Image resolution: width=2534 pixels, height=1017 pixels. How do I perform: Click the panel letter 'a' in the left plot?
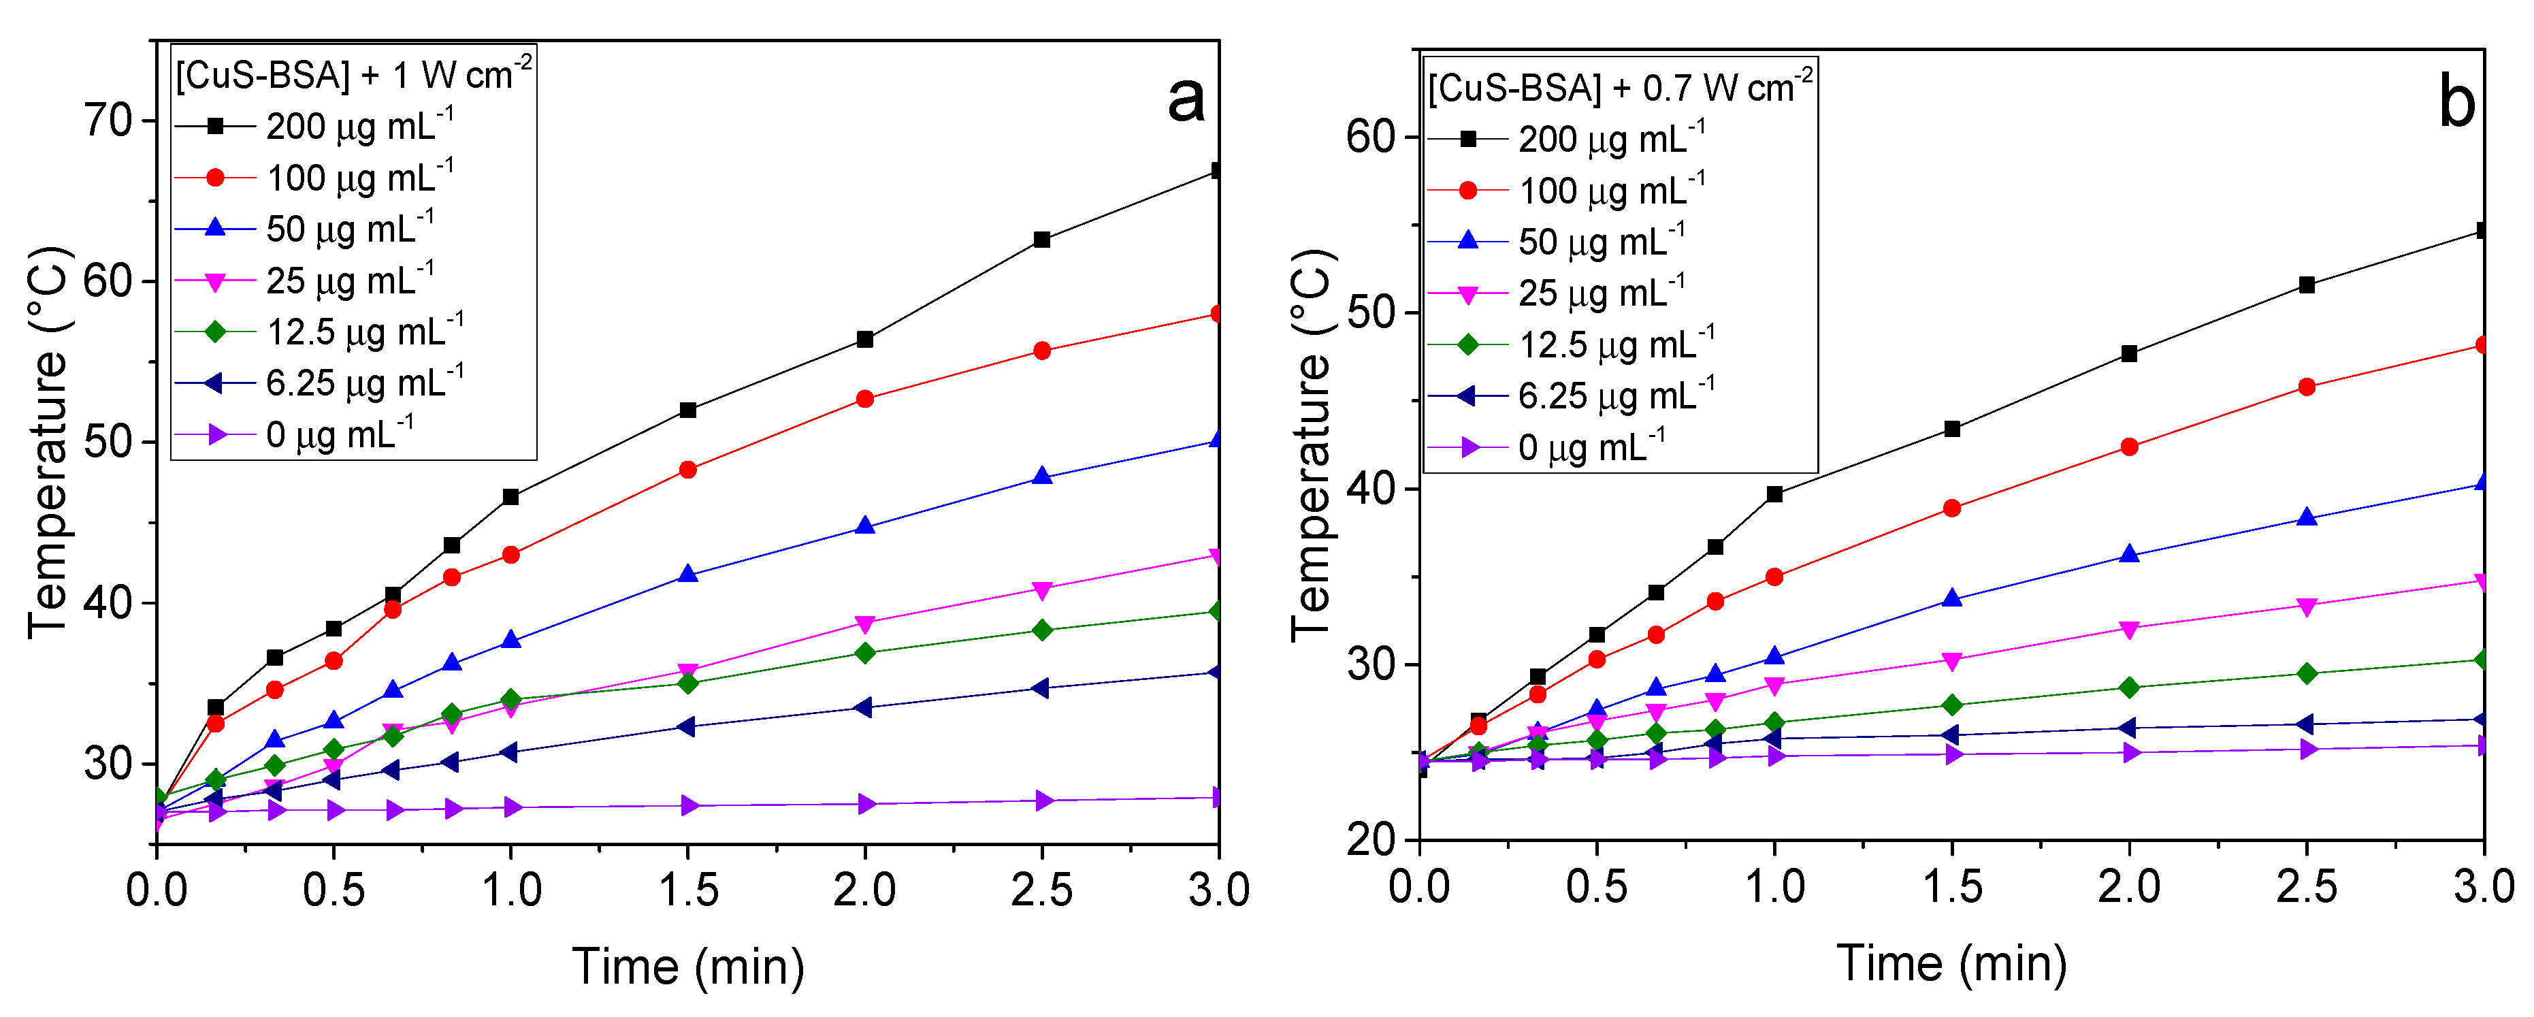[x=1186, y=100]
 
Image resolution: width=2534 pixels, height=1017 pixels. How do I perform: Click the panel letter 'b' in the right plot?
[x=2456, y=102]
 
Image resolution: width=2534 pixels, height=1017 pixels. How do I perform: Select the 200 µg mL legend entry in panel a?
[x=314, y=126]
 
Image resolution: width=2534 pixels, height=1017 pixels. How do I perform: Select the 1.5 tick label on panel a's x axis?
[x=687, y=890]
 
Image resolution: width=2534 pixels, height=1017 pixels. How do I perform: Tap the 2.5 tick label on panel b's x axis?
[x=2306, y=887]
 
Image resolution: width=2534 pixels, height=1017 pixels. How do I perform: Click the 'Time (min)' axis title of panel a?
[x=687, y=966]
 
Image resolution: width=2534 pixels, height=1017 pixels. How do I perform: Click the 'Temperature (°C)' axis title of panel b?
[x=1312, y=445]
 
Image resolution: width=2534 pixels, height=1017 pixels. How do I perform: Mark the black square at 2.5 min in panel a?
[x=1042, y=240]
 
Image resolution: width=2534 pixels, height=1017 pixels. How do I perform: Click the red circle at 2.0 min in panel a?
[x=864, y=400]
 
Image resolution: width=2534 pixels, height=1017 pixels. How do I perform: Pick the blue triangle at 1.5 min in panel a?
[x=687, y=575]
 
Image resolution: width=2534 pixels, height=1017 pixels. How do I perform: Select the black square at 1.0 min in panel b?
[x=1774, y=495]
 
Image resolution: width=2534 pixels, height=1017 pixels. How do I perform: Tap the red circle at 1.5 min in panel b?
[x=1951, y=508]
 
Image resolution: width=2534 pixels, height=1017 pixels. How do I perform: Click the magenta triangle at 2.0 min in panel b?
[x=2129, y=630]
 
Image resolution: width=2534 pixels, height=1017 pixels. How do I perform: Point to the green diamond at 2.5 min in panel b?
[x=2306, y=674]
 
